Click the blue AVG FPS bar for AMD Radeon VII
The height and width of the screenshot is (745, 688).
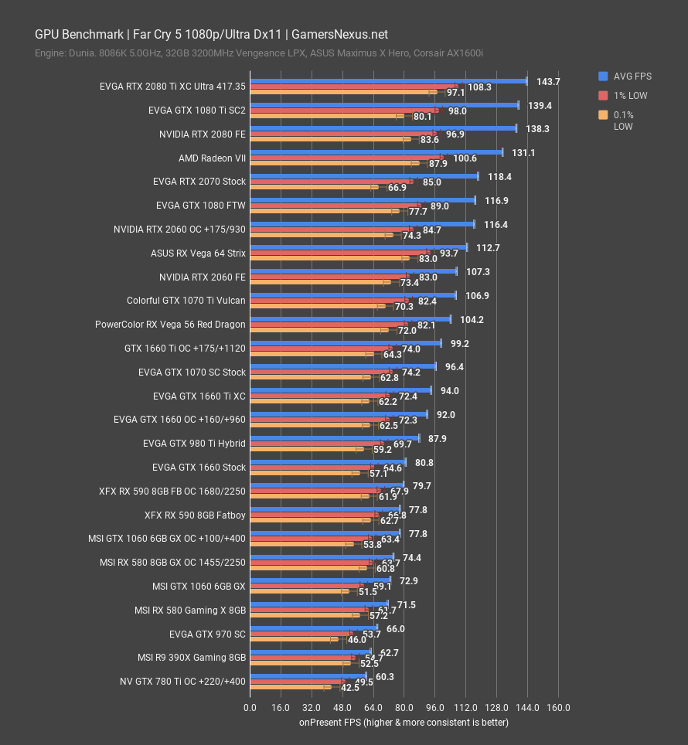[376, 152]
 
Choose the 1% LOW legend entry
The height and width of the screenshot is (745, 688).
[630, 96]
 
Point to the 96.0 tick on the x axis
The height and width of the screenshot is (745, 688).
[434, 708]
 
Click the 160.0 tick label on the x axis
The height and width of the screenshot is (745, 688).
[557, 708]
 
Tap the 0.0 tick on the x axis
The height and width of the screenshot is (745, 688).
[250, 708]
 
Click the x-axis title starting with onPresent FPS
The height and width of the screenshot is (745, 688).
[404, 723]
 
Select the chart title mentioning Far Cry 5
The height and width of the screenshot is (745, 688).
[211, 35]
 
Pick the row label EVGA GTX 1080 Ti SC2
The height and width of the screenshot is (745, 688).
[196, 111]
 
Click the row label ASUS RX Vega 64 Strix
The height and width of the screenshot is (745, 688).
[198, 253]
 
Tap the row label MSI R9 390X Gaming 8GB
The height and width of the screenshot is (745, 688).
[192, 658]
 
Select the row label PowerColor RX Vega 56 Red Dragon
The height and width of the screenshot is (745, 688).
[170, 325]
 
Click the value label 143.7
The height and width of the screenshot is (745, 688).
[548, 81]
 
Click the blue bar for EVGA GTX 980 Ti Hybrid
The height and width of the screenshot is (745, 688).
[334, 438]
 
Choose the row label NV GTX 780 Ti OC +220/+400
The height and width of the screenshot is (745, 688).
[184, 682]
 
